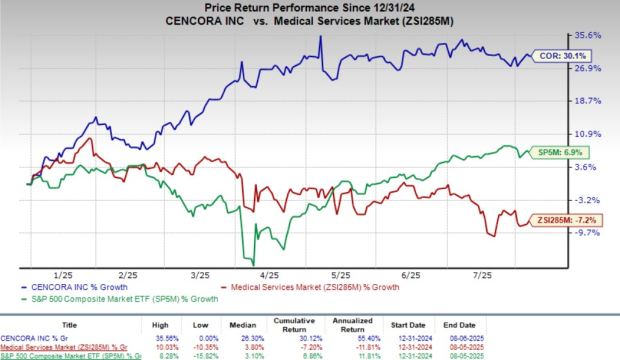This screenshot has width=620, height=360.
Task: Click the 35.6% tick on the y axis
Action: coord(587,35)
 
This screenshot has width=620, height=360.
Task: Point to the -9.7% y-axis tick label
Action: coord(587,232)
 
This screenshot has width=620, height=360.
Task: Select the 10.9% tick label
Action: coord(587,134)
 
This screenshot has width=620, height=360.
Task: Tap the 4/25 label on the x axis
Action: coord(268,273)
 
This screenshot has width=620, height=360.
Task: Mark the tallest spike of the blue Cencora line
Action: coord(320,37)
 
